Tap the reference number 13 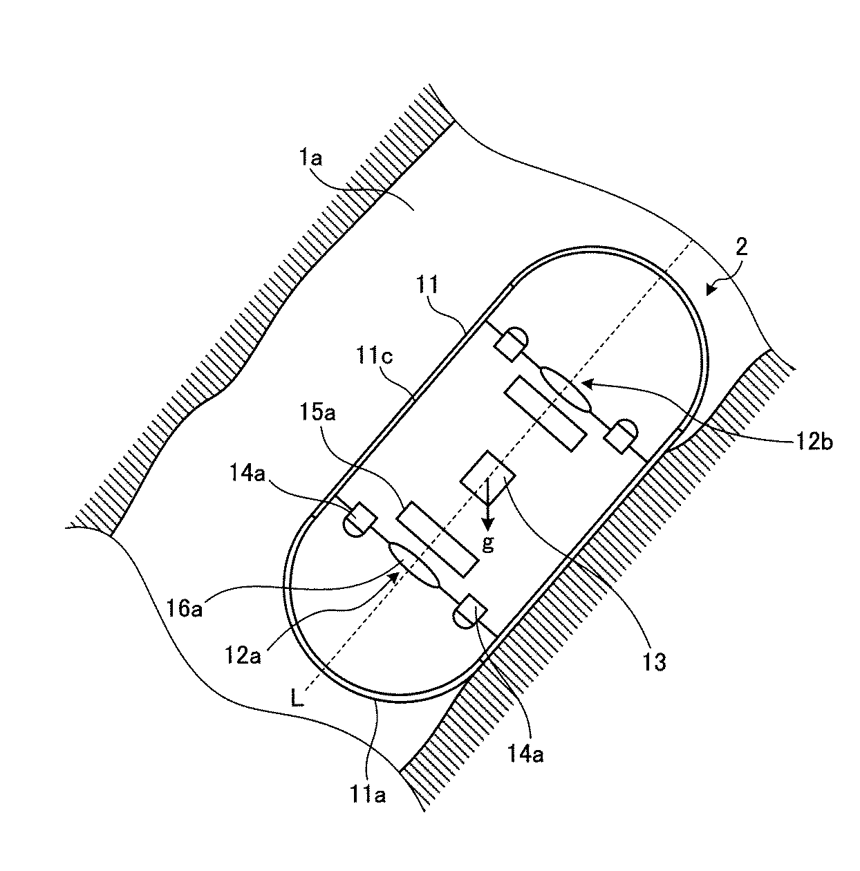[x=655, y=662]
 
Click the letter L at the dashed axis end [x=296, y=700]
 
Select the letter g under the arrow [x=488, y=544]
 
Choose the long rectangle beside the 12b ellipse [x=546, y=414]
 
